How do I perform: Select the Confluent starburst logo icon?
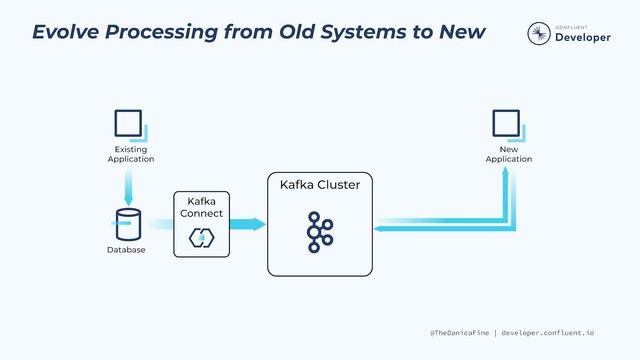[538, 34]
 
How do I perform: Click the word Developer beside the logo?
[581, 37]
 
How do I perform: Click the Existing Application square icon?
[128, 124]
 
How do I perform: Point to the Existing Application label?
[130, 154]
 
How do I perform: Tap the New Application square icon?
[506, 124]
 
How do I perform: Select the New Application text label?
[508, 154]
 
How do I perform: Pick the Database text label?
[126, 250]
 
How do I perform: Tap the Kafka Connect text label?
[201, 208]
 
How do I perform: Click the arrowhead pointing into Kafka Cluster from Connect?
[260, 224]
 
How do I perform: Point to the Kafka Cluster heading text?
[319, 185]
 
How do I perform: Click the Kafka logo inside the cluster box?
[319, 232]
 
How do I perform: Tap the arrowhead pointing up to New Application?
[506, 173]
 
